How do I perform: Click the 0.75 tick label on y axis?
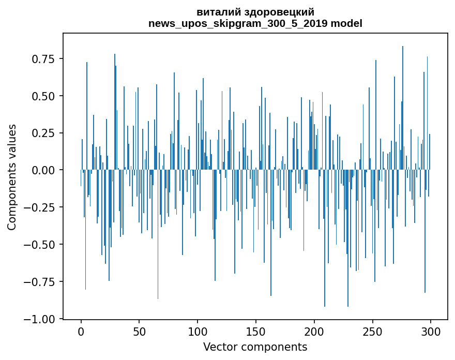pyautogui.click(x=43, y=59)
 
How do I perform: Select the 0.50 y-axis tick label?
pyautogui.click(x=43, y=96)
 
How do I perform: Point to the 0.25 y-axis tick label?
pyautogui.click(x=43, y=133)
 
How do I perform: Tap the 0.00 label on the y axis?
pyautogui.click(x=43, y=170)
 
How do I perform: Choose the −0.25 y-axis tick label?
pyautogui.click(x=39, y=207)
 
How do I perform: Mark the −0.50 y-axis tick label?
pyautogui.click(x=39, y=245)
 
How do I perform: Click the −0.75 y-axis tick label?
pyautogui.click(x=39, y=281)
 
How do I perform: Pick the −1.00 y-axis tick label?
pyautogui.click(x=39, y=319)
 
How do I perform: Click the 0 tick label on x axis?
pyautogui.click(x=81, y=331)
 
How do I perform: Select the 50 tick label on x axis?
pyautogui.click(x=139, y=331)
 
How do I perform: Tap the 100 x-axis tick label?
pyautogui.click(x=198, y=331)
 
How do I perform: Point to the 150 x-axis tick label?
pyautogui.click(x=256, y=331)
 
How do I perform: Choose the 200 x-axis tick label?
pyautogui.click(x=314, y=331)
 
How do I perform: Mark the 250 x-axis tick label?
pyautogui.click(x=372, y=331)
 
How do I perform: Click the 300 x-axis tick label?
pyautogui.click(x=431, y=331)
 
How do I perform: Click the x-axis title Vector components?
pyautogui.click(x=255, y=347)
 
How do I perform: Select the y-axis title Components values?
pyautogui.click(x=11, y=177)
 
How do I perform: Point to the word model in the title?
pyautogui.click(x=346, y=23)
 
